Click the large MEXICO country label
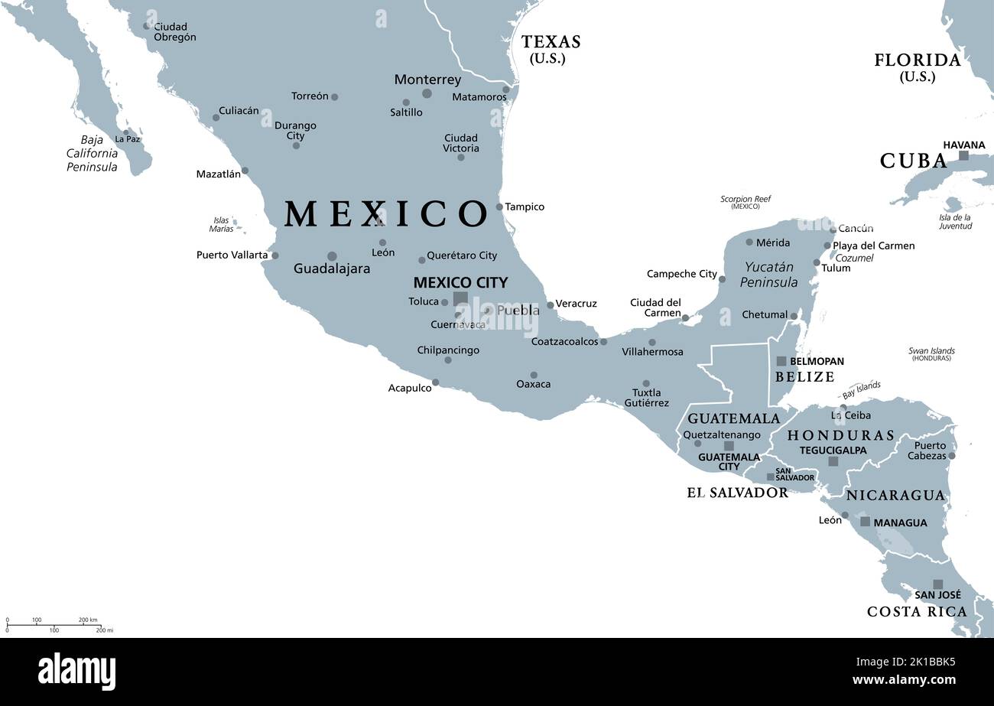click(385, 214)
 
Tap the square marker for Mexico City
click(460, 298)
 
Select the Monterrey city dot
click(427, 93)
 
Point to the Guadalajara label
click(332, 269)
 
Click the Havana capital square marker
click(963, 155)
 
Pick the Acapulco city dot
click(436, 382)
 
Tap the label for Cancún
click(856, 228)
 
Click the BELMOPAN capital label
click(817, 361)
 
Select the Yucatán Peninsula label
click(769, 275)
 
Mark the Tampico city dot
click(499, 207)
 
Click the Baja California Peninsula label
click(92, 153)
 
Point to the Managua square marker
click(865, 522)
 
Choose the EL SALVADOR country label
click(737, 493)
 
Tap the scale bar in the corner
click(54, 625)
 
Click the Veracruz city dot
click(550, 305)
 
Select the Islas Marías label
click(221, 224)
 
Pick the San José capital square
click(937, 584)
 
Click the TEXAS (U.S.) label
click(551, 49)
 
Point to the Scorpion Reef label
click(745, 202)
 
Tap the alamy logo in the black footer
click(76, 672)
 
